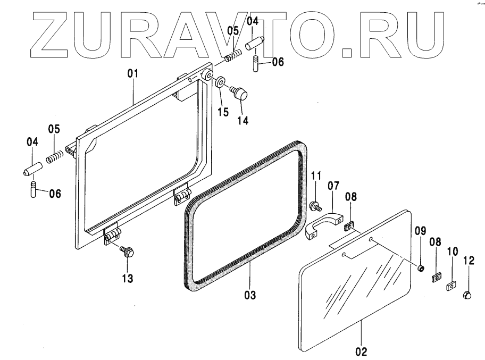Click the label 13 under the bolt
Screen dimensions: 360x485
click(x=128, y=278)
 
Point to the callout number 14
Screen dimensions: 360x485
click(x=242, y=121)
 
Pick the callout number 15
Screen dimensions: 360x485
click(x=223, y=113)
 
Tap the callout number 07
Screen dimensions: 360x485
click(x=333, y=187)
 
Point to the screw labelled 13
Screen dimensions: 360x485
click(x=127, y=252)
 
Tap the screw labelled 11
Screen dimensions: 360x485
click(x=314, y=204)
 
